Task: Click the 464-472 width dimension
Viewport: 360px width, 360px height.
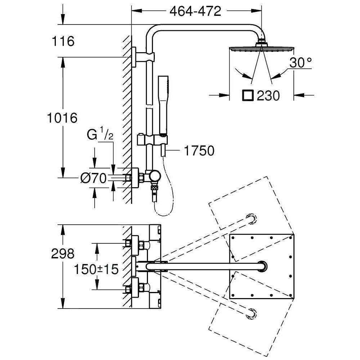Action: click(195, 12)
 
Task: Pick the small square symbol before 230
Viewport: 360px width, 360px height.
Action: click(248, 96)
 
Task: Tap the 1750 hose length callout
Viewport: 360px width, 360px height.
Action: click(199, 151)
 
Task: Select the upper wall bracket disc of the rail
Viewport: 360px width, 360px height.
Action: click(134, 56)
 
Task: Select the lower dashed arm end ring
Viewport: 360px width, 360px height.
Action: click(251, 314)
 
